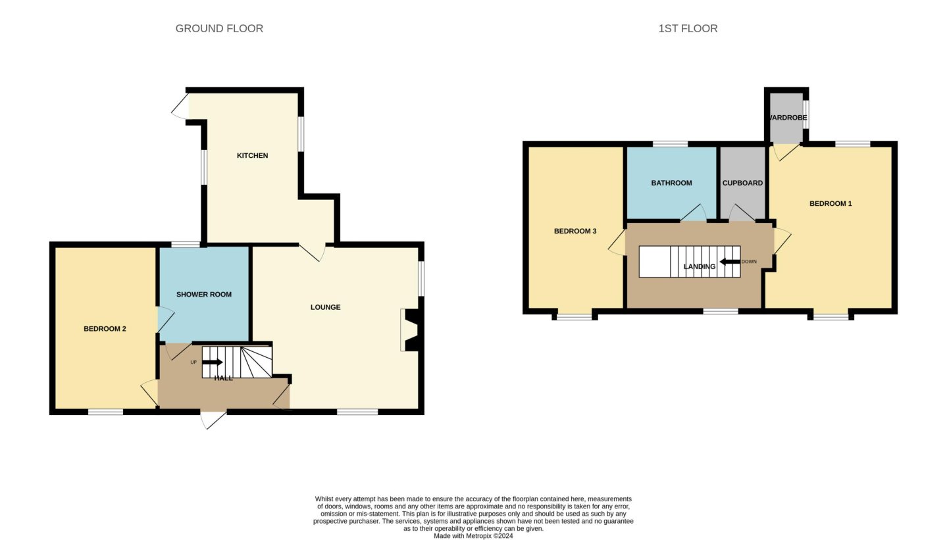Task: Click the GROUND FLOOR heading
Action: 219,28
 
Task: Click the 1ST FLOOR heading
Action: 688,28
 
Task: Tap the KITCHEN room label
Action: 253,155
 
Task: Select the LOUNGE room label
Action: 326,307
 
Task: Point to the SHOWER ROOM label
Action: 204,295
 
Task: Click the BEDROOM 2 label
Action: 105,329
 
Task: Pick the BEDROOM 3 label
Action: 575,231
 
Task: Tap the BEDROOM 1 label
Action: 831,204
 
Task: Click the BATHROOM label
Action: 671,183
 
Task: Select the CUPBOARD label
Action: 742,183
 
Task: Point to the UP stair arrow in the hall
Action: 213,362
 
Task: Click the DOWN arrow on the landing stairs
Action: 730,262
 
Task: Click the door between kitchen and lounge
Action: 313,253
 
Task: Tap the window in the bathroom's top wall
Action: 671,144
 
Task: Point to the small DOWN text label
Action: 749,262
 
